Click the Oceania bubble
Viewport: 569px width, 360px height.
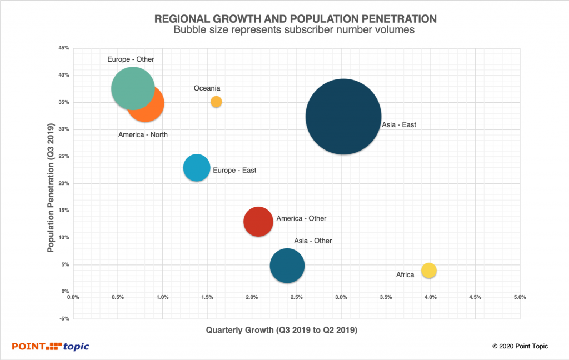click(216, 102)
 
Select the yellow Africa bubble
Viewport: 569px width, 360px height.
click(428, 271)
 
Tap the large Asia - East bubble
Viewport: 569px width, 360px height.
click(343, 117)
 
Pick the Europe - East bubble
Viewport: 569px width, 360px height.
click(197, 168)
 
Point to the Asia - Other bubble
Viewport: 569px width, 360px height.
click(287, 266)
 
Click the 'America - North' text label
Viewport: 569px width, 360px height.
click(143, 135)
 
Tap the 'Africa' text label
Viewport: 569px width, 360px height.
click(405, 274)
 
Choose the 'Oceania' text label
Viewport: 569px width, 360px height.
click(207, 88)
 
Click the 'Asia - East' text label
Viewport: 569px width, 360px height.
click(399, 125)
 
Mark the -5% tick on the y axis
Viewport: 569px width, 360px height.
click(63, 319)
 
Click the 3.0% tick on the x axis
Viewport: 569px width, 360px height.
click(341, 297)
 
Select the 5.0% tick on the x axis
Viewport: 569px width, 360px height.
click(520, 297)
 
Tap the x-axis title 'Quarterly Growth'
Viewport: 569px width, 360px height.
click(281, 330)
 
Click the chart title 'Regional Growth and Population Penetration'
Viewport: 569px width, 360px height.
click(295, 19)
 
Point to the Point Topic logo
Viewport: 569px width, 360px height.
click(51, 347)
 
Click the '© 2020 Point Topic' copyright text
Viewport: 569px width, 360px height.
click(520, 346)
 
